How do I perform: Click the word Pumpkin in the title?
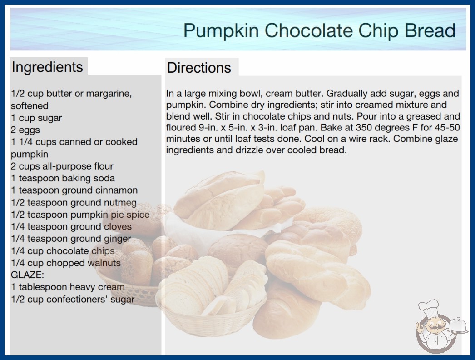pos(221,31)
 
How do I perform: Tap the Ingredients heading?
pos(47,67)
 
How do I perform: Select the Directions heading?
pos(199,68)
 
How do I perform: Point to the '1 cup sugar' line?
pos(36,118)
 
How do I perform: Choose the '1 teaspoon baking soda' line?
pos(63,178)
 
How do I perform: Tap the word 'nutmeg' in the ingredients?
pos(120,203)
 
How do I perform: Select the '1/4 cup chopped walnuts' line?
pos(66,263)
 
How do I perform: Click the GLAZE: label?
pos(28,275)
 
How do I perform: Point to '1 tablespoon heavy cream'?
pos(68,287)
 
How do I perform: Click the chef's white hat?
pos(429,308)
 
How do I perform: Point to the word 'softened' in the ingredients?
pos(30,105)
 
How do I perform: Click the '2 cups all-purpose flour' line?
pos(62,166)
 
